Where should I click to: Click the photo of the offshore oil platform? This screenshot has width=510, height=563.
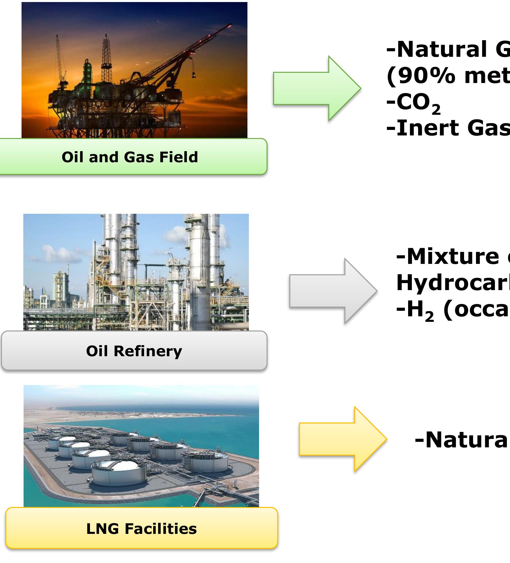134,70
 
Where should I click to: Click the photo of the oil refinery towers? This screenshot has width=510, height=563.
136,272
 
